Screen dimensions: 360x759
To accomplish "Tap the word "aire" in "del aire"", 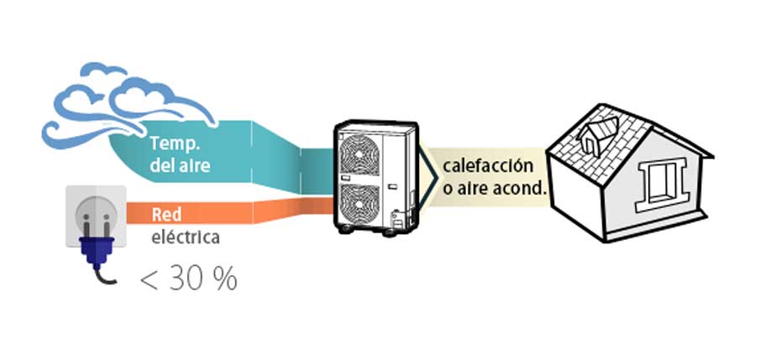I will tap(192, 165).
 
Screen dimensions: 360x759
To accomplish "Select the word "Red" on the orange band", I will tap(166, 214).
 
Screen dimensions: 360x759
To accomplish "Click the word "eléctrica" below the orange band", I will tap(186, 237).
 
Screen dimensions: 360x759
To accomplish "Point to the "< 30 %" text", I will tap(188, 279).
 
